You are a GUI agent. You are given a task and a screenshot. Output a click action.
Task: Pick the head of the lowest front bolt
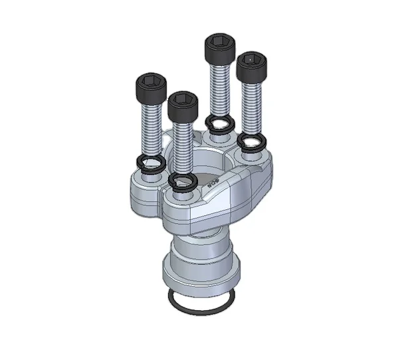(182, 105)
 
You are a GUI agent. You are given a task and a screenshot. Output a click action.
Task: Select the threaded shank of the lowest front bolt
(183, 146)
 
